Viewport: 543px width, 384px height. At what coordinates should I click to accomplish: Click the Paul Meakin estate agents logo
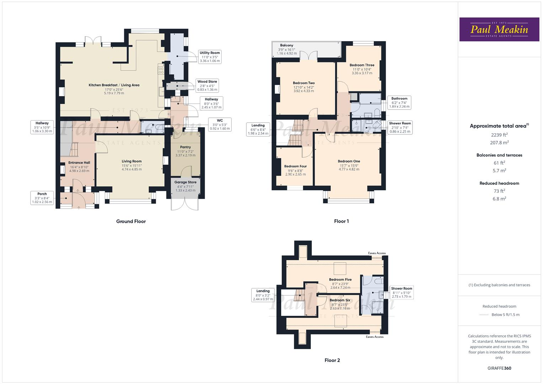(x=499, y=30)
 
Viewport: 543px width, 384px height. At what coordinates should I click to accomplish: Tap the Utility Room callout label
(x=210, y=57)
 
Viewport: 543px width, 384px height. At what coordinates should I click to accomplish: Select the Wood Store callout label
(x=207, y=86)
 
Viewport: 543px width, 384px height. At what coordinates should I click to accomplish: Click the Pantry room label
(x=185, y=151)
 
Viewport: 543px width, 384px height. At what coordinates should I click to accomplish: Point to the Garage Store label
(x=185, y=186)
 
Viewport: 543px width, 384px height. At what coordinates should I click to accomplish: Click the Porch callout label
(x=42, y=198)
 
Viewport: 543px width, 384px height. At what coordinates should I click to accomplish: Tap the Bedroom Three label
(x=362, y=69)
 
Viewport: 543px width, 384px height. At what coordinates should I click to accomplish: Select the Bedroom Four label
(x=295, y=170)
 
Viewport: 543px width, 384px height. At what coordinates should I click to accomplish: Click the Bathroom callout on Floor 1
(x=399, y=102)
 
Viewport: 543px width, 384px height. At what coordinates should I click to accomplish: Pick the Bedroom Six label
(x=340, y=304)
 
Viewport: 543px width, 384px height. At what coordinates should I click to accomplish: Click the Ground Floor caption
(x=131, y=222)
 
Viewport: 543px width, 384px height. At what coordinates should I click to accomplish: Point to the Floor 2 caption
(x=332, y=361)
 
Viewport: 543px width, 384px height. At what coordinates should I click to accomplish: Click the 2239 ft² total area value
(x=499, y=134)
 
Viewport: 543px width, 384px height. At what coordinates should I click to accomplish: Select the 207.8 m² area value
(x=499, y=143)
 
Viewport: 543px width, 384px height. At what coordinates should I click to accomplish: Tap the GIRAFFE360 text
(x=499, y=368)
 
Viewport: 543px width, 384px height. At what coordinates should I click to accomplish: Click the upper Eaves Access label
(x=376, y=253)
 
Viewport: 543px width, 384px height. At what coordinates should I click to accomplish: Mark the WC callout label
(x=220, y=124)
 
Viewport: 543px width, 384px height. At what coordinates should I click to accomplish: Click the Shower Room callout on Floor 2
(x=401, y=293)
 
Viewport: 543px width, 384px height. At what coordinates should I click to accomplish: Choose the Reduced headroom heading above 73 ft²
(x=499, y=183)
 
